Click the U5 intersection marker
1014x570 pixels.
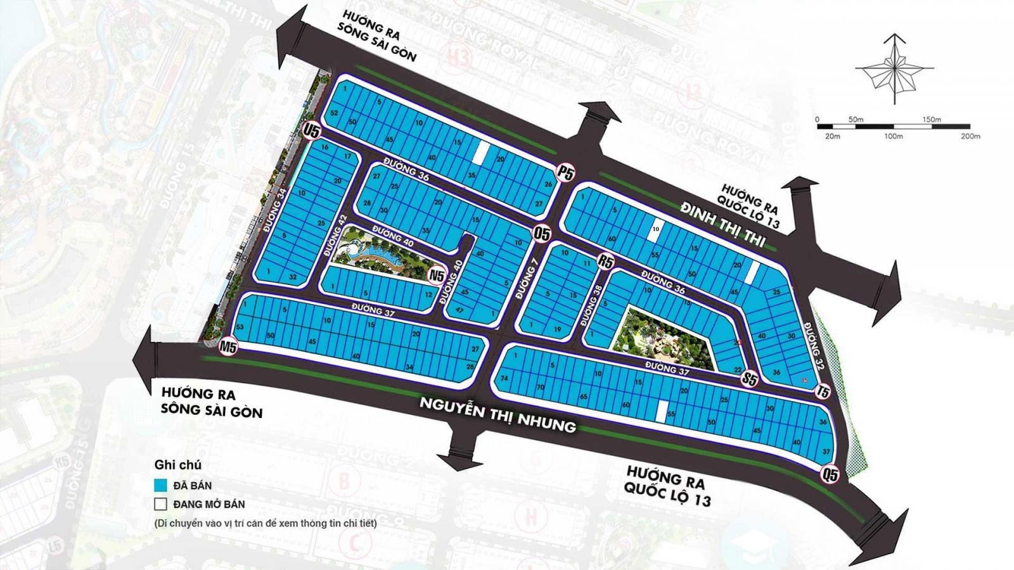pos(312,131)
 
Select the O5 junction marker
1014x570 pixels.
pos(542,233)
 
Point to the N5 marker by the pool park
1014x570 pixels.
pos(437,275)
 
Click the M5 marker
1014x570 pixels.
pos(228,347)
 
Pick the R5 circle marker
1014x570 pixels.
pos(606,262)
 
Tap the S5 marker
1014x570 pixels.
pos(750,379)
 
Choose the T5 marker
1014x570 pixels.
pos(823,392)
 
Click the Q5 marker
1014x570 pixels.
pos(829,474)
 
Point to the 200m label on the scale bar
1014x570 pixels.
pos(970,136)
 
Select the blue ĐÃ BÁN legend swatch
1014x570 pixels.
pos(160,486)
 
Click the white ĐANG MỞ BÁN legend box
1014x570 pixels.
pos(160,504)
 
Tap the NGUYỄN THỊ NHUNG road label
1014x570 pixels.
pos(498,414)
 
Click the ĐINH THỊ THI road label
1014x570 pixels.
pos(723,225)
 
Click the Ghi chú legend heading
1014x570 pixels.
pos(177,465)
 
